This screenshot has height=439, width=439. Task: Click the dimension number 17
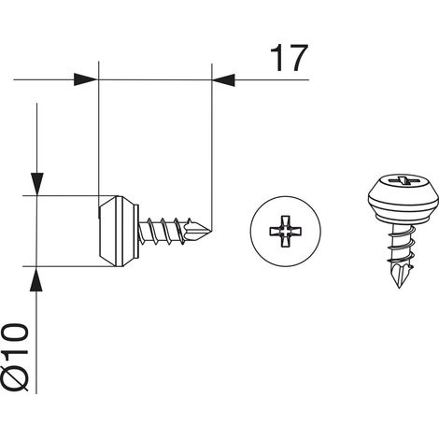tap(289, 58)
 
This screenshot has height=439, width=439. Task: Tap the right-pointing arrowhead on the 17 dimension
tap(86, 79)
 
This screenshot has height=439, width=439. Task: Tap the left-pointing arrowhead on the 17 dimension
tap(223, 79)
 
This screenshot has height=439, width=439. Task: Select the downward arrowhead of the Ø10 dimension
tap(36, 184)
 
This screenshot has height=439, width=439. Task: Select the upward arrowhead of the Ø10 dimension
tap(36, 279)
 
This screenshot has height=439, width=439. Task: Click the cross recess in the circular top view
tap(285, 231)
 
